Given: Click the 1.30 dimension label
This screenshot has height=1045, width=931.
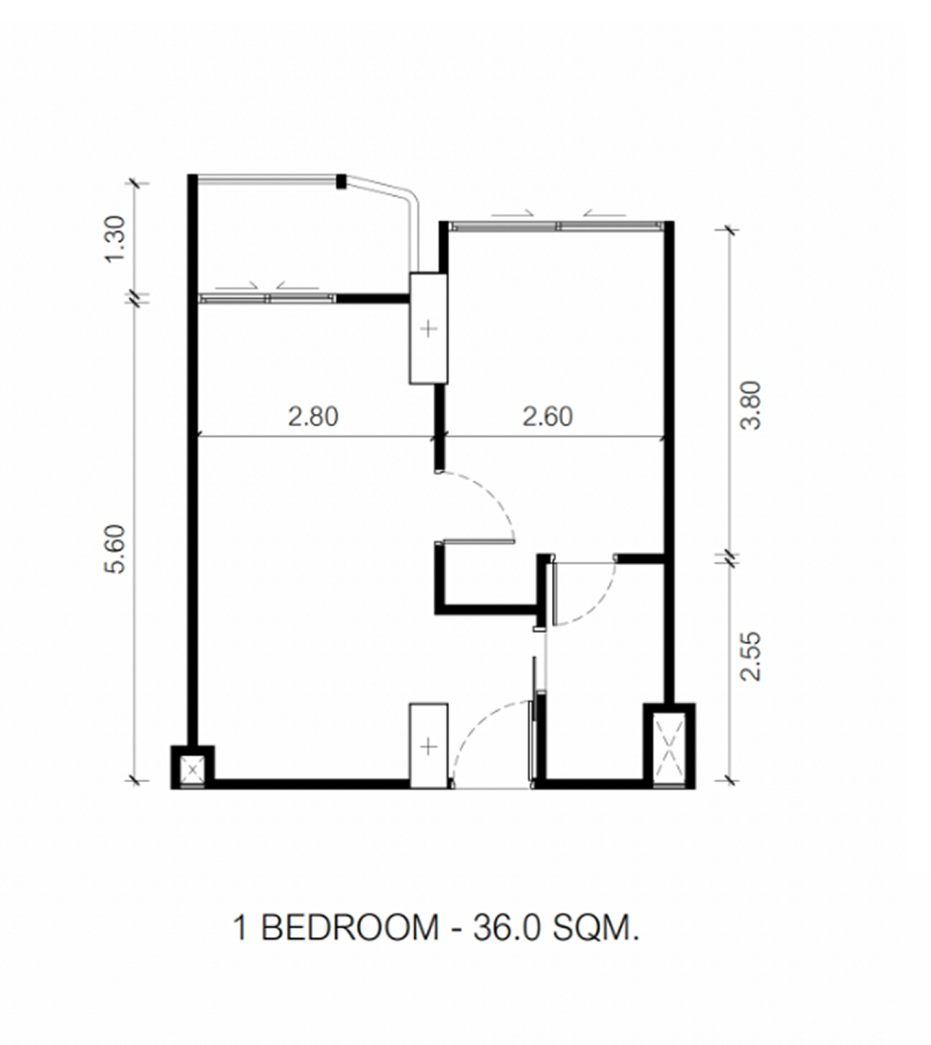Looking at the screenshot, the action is tap(115, 239).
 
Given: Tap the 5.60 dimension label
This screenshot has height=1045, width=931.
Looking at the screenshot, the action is tap(115, 549).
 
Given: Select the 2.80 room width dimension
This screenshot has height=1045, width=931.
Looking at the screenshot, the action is tap(313, 416).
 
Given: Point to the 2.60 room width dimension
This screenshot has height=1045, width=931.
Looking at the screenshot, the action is tap(547, 416).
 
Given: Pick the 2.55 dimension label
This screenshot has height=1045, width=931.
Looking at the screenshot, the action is tap(751, 656).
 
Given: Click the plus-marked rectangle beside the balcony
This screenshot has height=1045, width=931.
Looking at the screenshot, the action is tap(428, 328).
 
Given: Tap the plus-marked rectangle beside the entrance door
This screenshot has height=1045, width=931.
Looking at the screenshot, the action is tap(429, 746).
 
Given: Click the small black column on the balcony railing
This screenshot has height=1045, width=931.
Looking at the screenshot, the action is tap(341, 181).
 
